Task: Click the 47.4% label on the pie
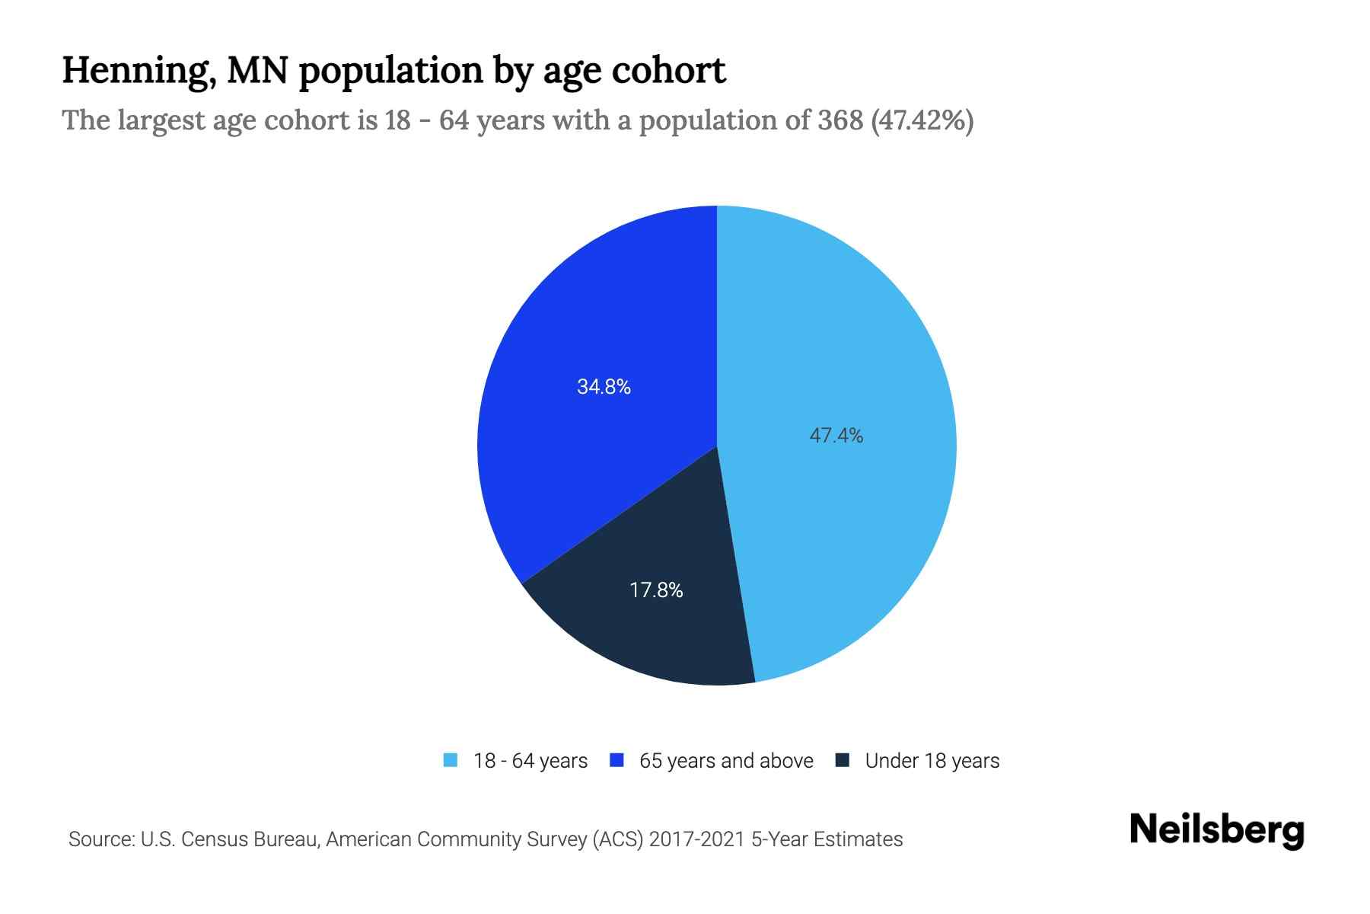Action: (836, 436)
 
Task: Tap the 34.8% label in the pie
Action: (604, 387)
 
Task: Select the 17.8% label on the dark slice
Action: (656, 590)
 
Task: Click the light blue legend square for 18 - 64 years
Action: (451, 760)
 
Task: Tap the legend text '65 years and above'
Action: (726, 761)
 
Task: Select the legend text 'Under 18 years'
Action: (932, 761)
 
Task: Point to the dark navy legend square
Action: (843, 760)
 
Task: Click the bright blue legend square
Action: (617, 760)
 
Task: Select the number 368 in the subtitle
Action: (840, 120)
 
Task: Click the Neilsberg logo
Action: (1216, 830)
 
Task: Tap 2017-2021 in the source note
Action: (696, 839)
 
